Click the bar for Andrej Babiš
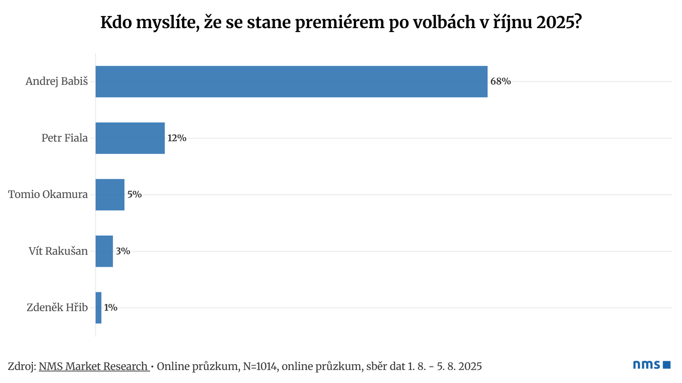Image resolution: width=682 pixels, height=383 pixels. click(292, 82)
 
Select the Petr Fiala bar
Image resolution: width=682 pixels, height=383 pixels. click(130, 138)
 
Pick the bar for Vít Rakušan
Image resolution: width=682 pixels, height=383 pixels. click(104, 251)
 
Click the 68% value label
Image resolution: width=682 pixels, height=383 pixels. click(501, 81)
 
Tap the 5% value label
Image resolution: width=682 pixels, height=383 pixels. click(134, 194)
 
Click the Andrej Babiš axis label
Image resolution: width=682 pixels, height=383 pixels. click(57, 81)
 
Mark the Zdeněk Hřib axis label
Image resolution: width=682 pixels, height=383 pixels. click(57, 308)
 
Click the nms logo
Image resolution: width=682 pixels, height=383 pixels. click(652, 365)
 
